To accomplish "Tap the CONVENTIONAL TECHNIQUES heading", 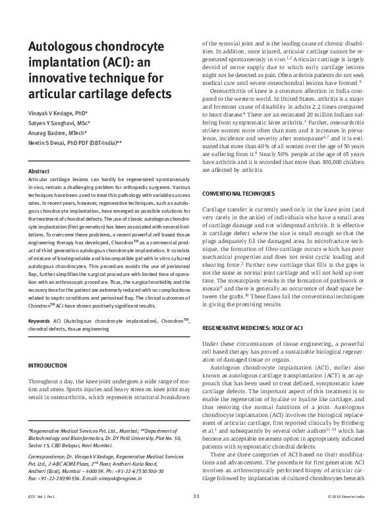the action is point(238,195).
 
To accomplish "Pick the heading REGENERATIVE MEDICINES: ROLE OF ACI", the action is point(252,327).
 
